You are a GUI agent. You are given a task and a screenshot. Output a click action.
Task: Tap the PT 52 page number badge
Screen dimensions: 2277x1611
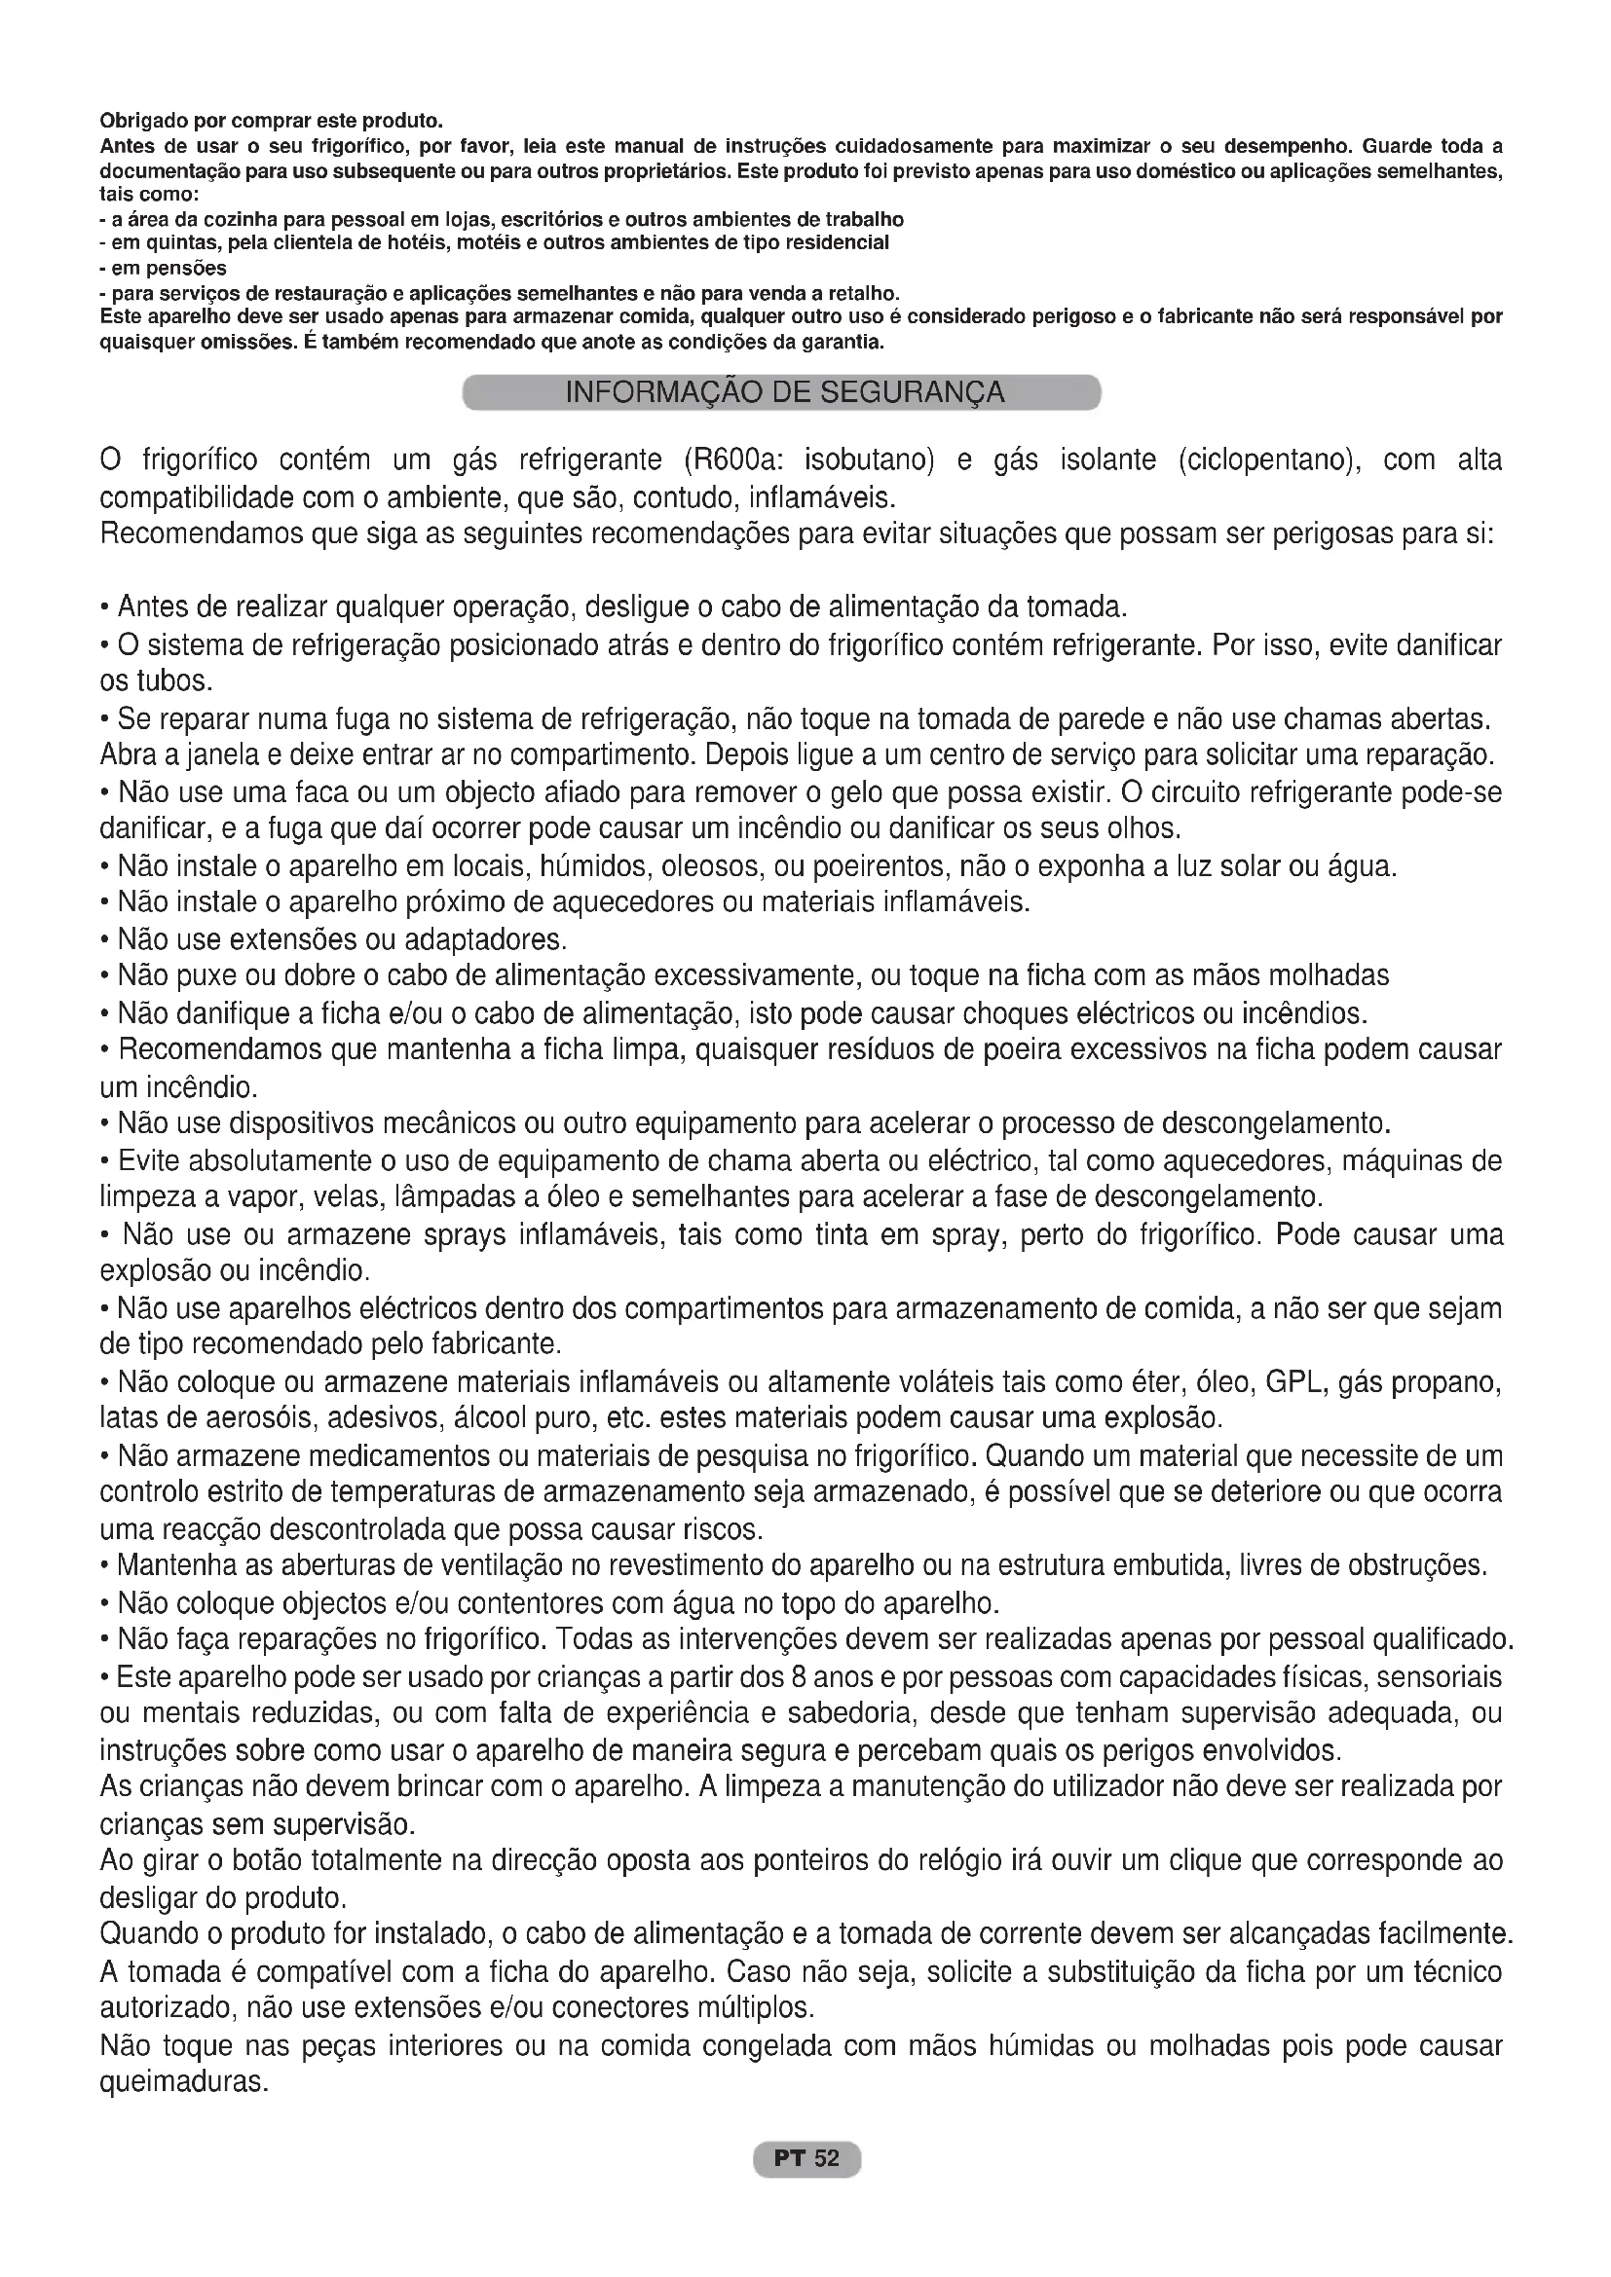coord(806,2158)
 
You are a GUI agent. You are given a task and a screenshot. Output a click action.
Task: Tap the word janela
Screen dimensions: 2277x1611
coord(187,755)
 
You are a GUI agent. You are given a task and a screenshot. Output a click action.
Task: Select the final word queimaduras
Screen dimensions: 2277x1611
coord(183,2081)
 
